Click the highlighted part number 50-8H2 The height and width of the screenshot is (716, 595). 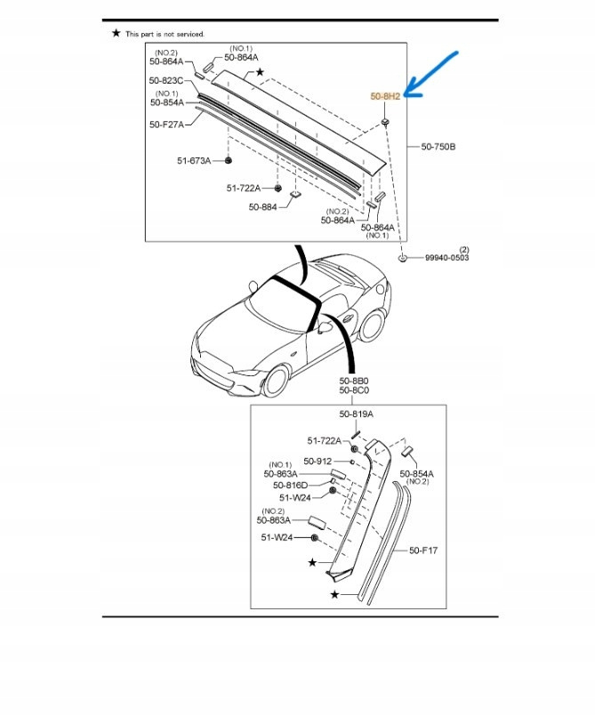tap(385, 96)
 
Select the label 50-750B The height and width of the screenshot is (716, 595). tap(438, 147)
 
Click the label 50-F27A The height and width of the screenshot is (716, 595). tap(166, 125)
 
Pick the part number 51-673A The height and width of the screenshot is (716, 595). tap(193, 161)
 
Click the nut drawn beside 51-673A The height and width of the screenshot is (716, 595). tap(228, 160)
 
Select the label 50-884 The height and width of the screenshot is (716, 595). tap(263, 207)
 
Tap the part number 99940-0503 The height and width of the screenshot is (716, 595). tap(446, 258)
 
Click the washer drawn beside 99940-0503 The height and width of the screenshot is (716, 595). tap(403, 257)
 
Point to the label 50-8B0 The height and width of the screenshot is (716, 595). tap(353, 380)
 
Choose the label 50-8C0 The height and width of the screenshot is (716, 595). tap(353, 390)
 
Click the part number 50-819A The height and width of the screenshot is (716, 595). tap(356, 414)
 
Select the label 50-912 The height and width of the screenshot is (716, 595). tap(318, 462)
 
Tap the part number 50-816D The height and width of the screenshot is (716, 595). tap(291, 486)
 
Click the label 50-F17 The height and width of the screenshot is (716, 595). tap(423, 551)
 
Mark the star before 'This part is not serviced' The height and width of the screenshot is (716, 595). tap(117, 33)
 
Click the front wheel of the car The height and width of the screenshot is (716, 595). tap(273, 382)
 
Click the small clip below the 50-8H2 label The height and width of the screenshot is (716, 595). tap(385, 119)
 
